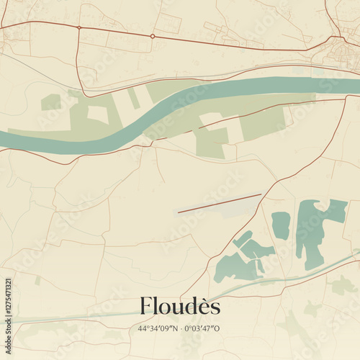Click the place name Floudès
[x=180, y=307]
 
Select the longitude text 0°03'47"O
[x=204, y=329]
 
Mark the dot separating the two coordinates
[x=181, y=329]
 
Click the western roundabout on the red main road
[x=79, y=27]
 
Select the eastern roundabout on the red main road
[x=153, y=35]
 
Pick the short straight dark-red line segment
[x=220, y=203]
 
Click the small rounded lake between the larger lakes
[x=281, y=225]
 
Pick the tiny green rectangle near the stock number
[x=37, y=280]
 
